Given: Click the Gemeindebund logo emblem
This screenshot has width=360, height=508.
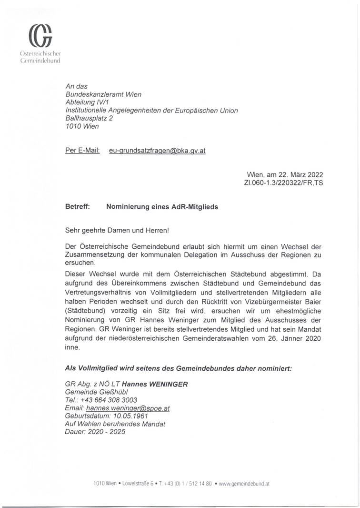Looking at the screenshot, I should coord(40,36).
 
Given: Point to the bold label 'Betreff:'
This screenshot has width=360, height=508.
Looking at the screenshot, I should coord(78,207).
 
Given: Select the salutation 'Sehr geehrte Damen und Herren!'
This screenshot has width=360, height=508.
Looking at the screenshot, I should coord(117,231).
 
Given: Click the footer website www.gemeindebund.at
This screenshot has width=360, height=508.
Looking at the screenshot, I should coord(244,483).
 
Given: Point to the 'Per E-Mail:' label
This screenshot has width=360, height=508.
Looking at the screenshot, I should coord(82,151).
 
